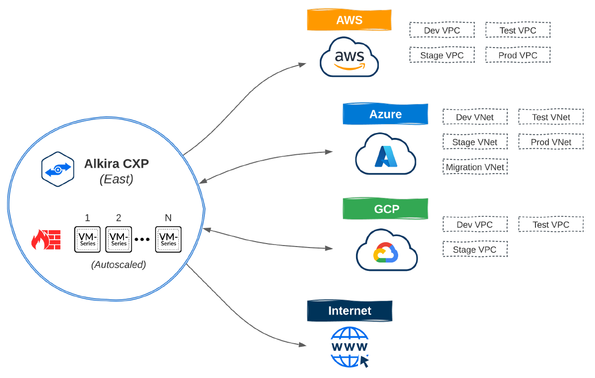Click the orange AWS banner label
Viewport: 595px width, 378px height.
click(x=350, y=20)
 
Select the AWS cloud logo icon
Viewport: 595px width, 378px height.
click(x=350, y=57)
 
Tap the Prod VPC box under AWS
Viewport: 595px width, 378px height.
click(x=518, y=55)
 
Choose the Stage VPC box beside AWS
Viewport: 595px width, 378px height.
click(x=442, y=55)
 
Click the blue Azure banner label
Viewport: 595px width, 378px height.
click(x=385, y=114)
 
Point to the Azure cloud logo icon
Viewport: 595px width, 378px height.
click(x=385, y=154)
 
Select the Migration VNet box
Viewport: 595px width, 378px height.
click(x=475, y=167)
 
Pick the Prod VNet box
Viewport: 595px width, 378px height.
click(x=551, y=142)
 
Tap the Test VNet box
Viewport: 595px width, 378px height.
click(x=551, y=117)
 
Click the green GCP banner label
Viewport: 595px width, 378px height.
click(x=385, y=209)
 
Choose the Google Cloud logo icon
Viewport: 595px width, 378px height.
click(x=386, y=251)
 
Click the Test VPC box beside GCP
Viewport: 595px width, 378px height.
click(x=551, y=225)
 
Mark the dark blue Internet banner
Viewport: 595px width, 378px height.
click(x=350, y=311)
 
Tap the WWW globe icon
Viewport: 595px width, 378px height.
click(x=350, y=347)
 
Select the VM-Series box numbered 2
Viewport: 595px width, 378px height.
click(x=119, y=240)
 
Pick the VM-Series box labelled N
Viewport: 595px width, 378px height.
click(x=168, y=240)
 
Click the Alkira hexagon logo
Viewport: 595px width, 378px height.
click(x=58, y=169)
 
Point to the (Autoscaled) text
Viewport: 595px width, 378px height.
click(x=119, y=265)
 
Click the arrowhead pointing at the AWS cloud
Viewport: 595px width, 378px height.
click(x=302, y=64)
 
